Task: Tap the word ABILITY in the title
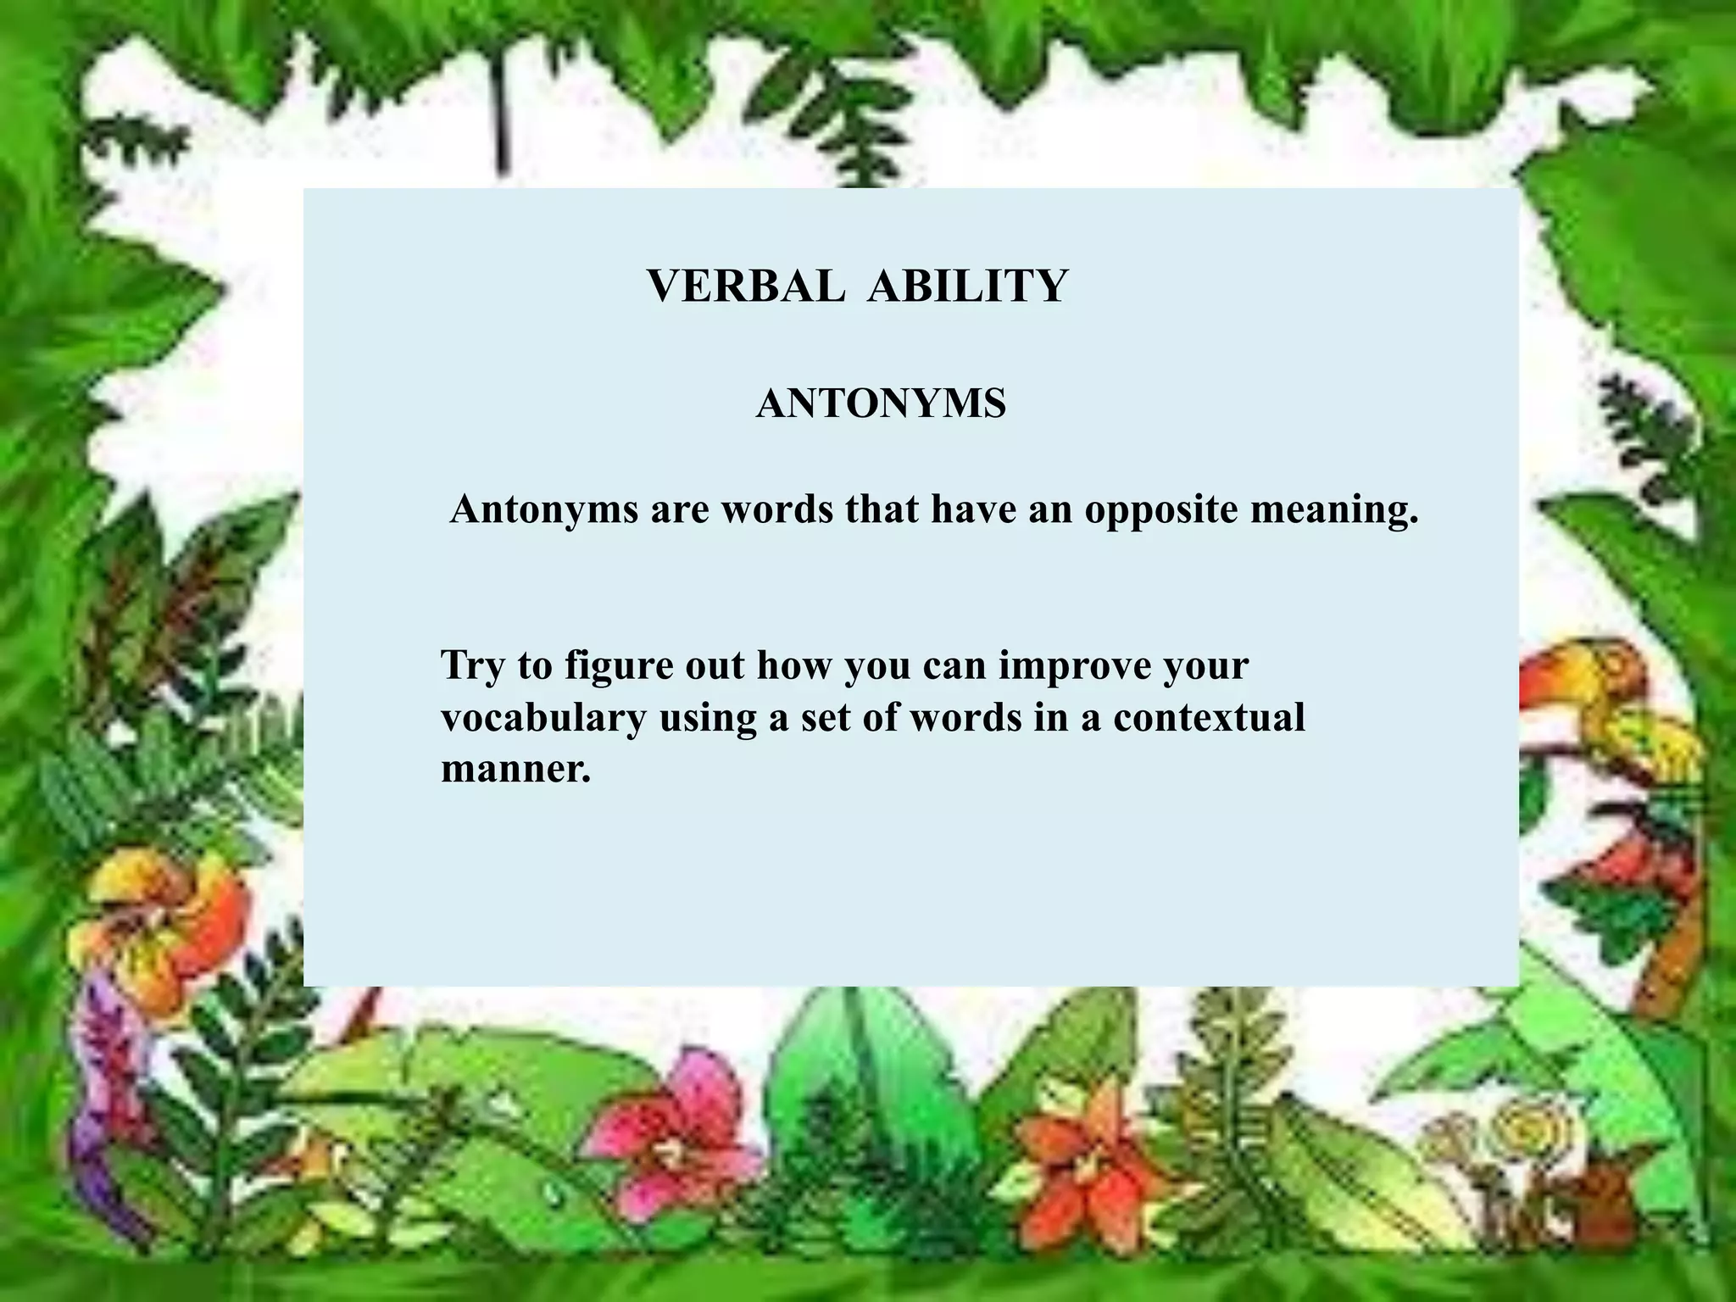967,286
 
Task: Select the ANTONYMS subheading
881,404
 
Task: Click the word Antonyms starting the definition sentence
543,509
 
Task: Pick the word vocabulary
543,718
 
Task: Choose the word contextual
1209,718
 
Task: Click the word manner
515,769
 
